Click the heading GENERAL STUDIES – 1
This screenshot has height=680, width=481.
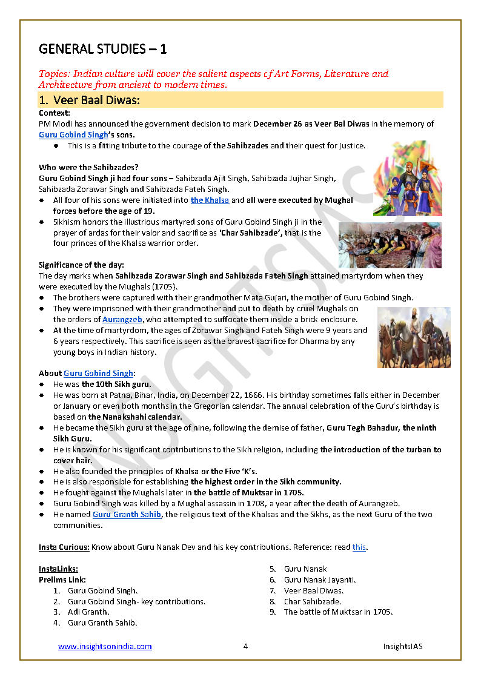tap(102, 49)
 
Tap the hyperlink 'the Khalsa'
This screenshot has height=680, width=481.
tap(210, 200)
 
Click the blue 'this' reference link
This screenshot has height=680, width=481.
tap(359, 547)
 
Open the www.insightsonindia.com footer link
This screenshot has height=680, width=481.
tap(105, 646)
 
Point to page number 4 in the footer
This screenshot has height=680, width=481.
tap(245, 646)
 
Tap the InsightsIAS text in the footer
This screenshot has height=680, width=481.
tap(402, 646)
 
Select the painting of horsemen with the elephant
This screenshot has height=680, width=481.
tap(414, 337)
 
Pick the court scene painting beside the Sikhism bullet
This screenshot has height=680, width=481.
tap(390, 245)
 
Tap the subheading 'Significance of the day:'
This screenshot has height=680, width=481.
tap(81, 265)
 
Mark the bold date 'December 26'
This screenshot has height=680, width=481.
tap(276, 124)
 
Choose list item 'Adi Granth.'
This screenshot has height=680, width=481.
tap(88, 612)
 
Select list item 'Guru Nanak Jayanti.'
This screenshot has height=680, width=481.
tap(320, 579)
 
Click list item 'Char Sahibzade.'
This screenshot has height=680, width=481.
tap(313, 601)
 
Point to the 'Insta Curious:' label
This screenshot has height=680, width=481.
tap(64, 547)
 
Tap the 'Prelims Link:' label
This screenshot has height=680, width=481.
tap(62, 579)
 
